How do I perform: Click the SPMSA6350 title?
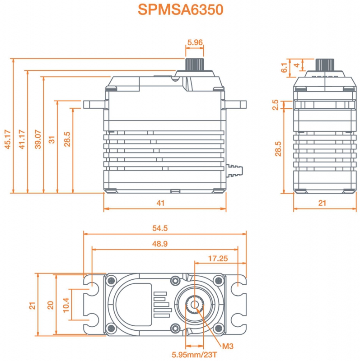[x=181, y=9]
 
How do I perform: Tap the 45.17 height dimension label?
[x=8, y=139]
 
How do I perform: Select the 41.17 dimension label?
[x=22, y=139]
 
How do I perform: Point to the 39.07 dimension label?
[x=38, y=139]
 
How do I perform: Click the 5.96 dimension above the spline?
[x=195, y=42]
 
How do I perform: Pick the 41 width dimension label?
[x=161, y=203]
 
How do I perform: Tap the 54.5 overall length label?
[x=160, y=228]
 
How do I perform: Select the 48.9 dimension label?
[x=160, y=244]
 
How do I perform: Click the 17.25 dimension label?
[x=218, y=259]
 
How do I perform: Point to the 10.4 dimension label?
[x=66, y=305]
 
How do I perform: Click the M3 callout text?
[x=228, y=346]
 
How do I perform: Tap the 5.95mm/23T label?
[x=195, y=355]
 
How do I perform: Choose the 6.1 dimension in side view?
[x=284, y=68]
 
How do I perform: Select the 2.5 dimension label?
[x=276, y=105]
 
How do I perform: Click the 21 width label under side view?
[x=322, y=203]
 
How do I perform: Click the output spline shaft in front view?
[x=195, y=65]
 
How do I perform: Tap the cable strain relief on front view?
[x=234, y=171]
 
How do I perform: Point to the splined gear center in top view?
[x=195, y=305]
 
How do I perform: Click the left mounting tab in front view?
[x=94, y=105]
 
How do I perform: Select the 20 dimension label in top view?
[x=51, y=305]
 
